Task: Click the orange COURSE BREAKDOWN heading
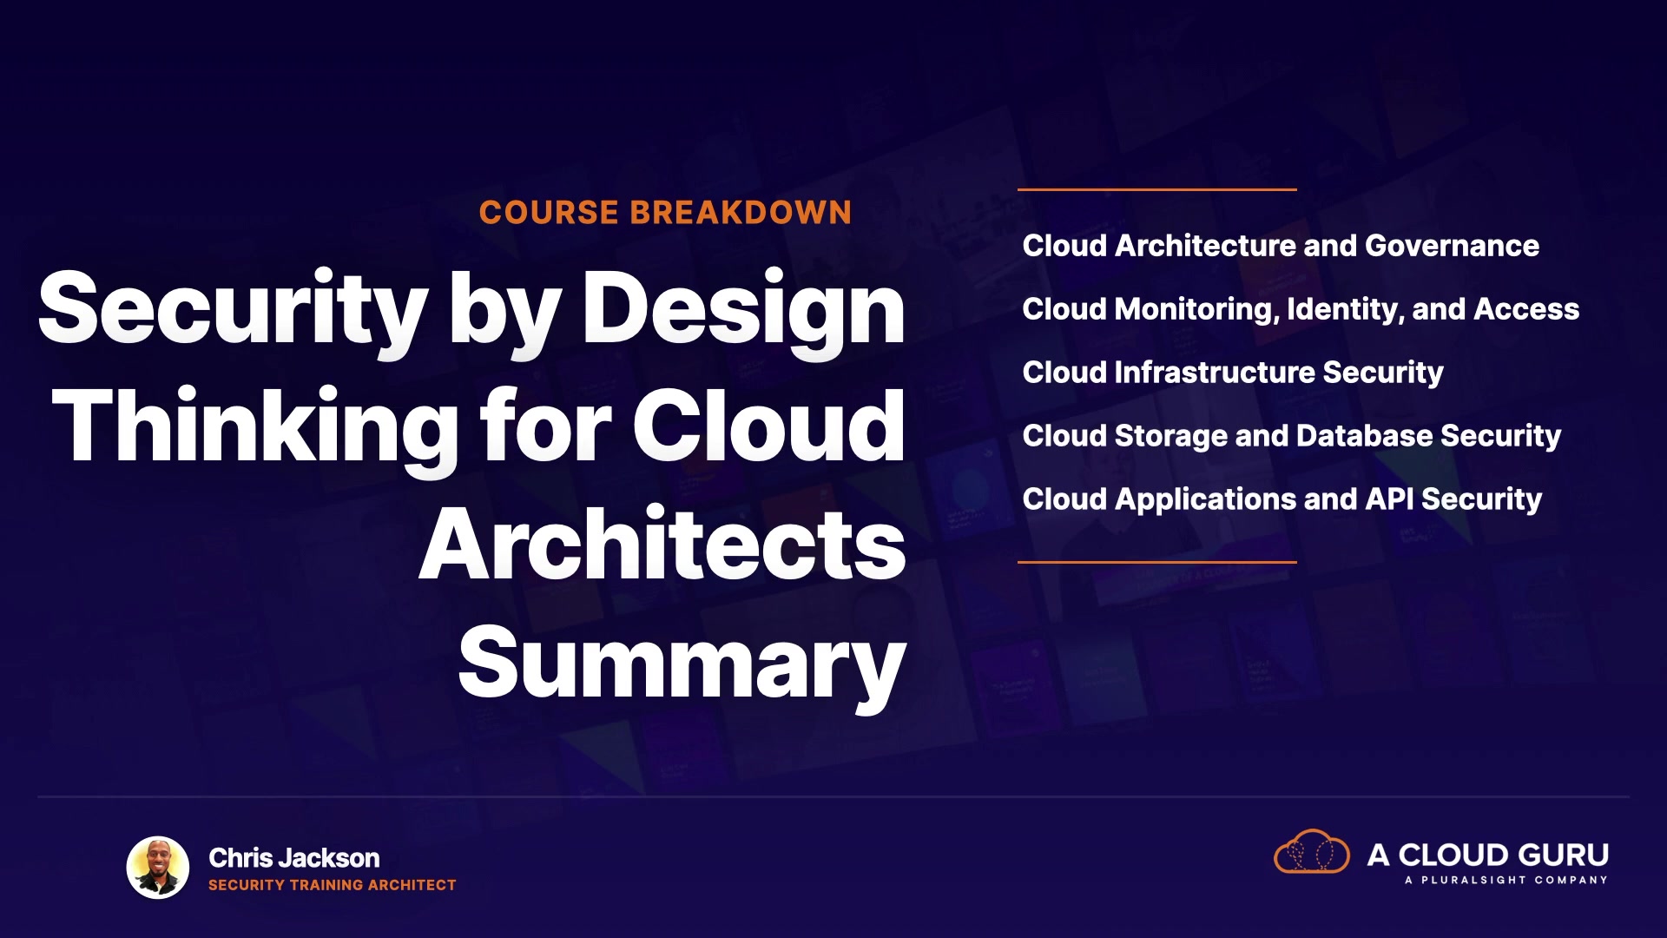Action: (665, 213)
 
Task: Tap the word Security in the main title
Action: (233, 311)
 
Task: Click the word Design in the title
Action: (744, 311)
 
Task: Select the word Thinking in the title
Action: (254, 428)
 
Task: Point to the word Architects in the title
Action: (662, 545)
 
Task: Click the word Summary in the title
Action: (682, 664)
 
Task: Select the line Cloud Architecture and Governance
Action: (1281, 246)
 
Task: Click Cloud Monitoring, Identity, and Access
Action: (1301, 309)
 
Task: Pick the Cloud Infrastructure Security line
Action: (1233, 373)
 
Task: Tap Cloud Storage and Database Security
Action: (1292, 436)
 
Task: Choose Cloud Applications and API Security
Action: (1282, 499)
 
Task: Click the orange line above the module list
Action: (1157, 189)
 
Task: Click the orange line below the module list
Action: (1157, 562)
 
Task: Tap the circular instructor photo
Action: (158, 868)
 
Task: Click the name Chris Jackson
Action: (294, 858)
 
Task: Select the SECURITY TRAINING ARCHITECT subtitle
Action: (333, 885)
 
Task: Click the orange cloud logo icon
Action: (1312, 851)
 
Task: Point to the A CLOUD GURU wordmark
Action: (1488, 855)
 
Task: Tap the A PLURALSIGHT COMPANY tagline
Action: (1506, 881)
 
